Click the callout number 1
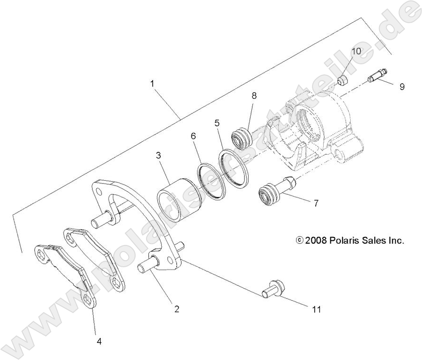click(152, 83)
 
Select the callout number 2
click(177, 309)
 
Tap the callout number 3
click(159, 156)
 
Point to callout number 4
click(99, 341)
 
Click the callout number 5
click(217, 123)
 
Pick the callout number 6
click(193, 135)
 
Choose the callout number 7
click(316, 203)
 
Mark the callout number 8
click(254, 96)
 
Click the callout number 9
click(402, 87)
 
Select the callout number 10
click(356, 51)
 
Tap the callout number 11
click(316, 309)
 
